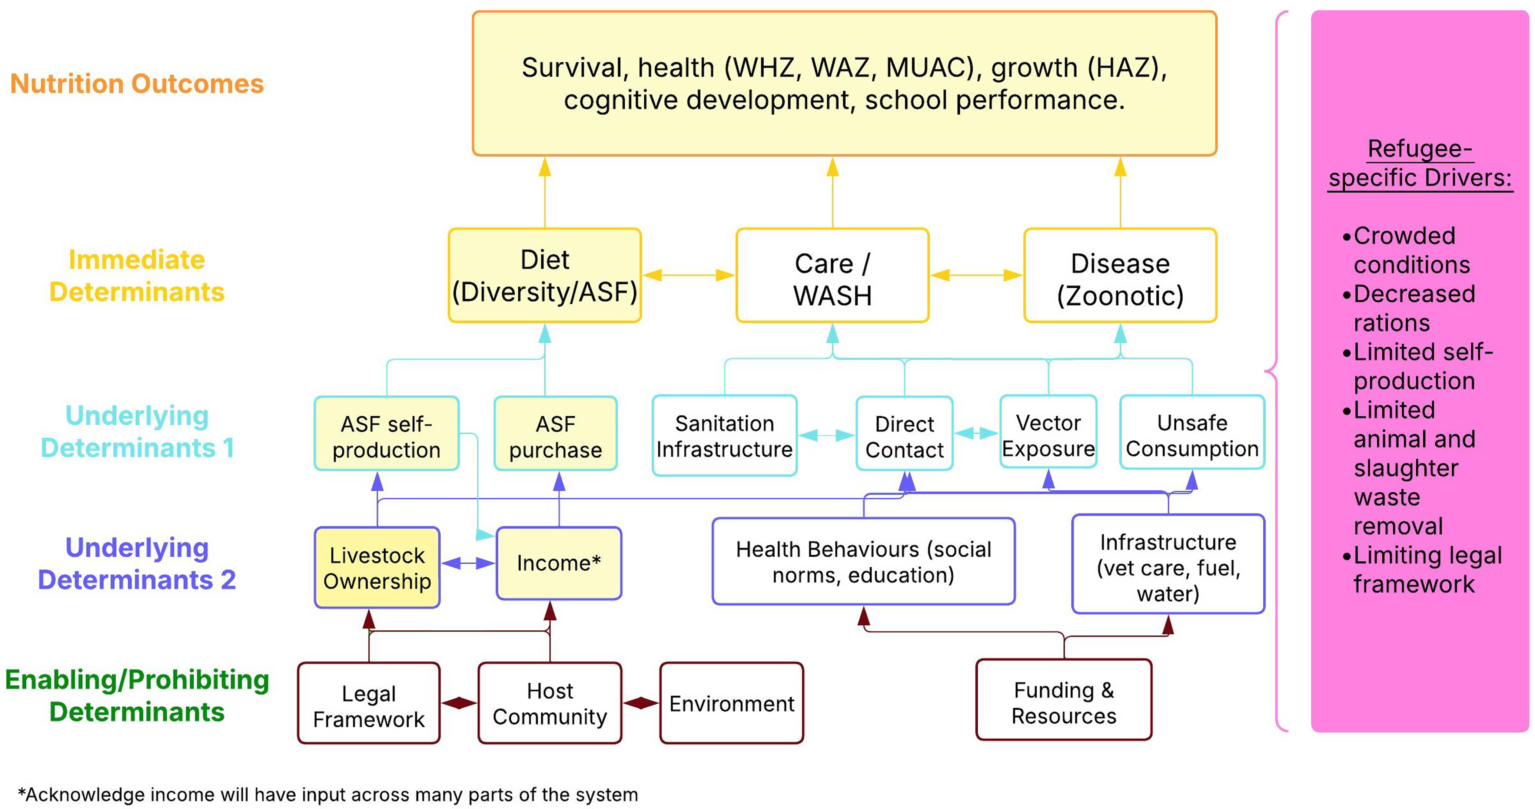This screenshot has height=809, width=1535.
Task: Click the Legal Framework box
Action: click(x=369, y=703)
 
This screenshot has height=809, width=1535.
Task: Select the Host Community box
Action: click(x=549, y=703)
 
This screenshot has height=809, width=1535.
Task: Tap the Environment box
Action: click(x=732, y=703)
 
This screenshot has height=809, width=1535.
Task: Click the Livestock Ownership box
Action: click(x=377, y=568)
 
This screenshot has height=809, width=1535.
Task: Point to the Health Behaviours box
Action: click(x=863, y=561)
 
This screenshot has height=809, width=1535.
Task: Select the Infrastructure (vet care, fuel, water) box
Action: click(x=1168, y=564)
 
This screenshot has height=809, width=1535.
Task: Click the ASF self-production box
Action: click(x=387, y=433)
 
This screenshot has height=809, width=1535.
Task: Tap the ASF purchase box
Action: click(x=555, y=433)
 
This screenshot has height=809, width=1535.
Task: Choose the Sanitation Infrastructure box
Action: click(x=725, y=435)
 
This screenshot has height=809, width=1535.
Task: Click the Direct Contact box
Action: click(x=904, y=433)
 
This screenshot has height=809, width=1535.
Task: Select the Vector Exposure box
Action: click(x=1048, y=432)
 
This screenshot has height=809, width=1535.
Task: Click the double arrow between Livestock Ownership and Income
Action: click(x=468, y=563)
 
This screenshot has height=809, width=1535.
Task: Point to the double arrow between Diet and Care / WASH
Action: click(x=689, y=275)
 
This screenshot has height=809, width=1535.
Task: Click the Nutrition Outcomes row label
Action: click(x=137, y=83)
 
